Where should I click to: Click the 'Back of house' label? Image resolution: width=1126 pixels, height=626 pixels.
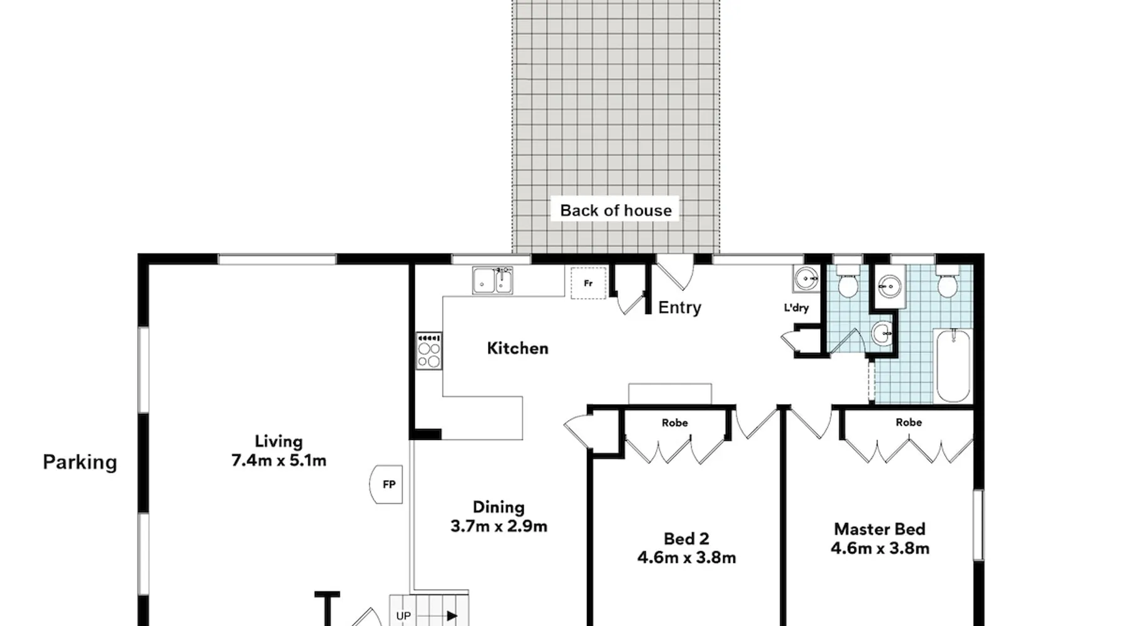[616, 210]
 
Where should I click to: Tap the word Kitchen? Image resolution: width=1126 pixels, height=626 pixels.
[517, 348]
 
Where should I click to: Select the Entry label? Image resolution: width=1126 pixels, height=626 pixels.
[679, 308]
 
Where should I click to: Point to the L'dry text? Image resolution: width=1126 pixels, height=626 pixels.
[796, 307]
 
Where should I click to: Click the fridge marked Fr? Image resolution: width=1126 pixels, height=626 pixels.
[588, 283]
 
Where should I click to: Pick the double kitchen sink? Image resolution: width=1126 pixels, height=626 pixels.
[492, 280]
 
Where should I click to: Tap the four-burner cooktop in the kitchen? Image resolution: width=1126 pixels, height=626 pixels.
[429, 351]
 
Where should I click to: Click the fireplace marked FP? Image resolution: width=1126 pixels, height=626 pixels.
[387, 484]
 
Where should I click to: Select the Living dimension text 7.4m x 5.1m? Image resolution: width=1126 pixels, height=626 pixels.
[279, 461]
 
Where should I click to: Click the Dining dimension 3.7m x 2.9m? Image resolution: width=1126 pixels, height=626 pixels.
[499, 526]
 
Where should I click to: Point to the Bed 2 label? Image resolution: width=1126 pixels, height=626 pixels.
[686, 538]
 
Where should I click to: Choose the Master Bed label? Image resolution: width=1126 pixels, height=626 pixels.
[880, 529]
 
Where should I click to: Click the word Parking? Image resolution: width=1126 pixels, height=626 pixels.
[80, 463]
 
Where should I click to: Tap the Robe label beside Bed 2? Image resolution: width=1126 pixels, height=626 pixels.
[675, 423]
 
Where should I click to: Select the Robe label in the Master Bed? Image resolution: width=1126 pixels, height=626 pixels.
[909, 423]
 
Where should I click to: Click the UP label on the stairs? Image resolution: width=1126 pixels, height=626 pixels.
[403, 616]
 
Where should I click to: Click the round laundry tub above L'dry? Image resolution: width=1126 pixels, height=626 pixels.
[806, 279]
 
